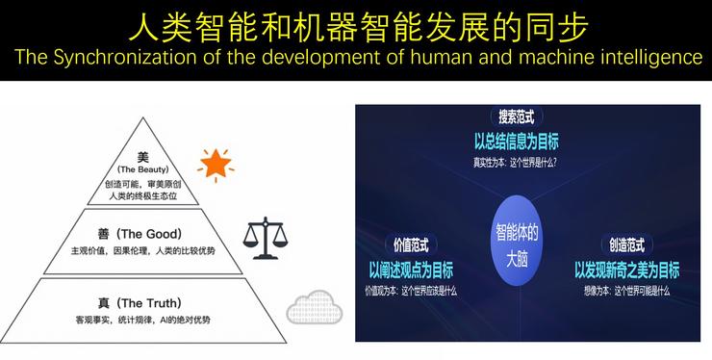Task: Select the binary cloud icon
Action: point(313,307)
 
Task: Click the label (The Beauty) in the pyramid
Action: point(143,169)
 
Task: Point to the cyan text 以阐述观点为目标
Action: point(411,270)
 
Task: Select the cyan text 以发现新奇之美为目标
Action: point(626,270)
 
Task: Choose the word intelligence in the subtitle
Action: point(649,58)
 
